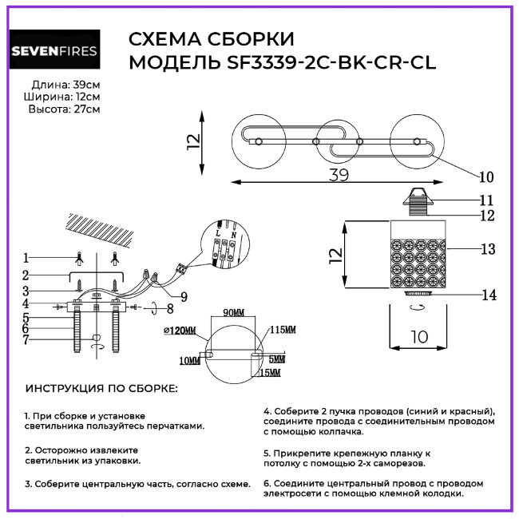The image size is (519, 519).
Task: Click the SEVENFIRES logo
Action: click(54, 52)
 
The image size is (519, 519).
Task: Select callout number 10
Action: click(486, 176)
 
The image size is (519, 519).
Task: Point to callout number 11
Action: click(486, 200)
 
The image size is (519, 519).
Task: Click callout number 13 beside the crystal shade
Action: click(489, 248)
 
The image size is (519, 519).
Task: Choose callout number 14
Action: click(489, 295)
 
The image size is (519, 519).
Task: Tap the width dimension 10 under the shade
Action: click(418, 338)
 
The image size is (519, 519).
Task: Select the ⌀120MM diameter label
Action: click(180, 330)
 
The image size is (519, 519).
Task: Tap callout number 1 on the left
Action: click(26, 258)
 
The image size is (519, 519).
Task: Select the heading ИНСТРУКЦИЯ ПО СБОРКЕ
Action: click(101, 389)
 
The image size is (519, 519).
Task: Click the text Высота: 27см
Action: click(64, 109)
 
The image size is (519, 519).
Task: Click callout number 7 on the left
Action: click(26, 340)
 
